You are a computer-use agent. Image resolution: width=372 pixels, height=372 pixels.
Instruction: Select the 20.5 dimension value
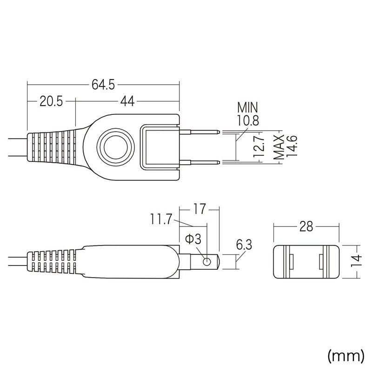[51, 101]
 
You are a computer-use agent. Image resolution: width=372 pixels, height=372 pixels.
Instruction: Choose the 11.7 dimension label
[162, 219]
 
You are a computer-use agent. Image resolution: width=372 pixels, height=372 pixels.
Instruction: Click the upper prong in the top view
[200, 132]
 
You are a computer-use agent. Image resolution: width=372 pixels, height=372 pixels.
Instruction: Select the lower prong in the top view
[200, 161]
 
